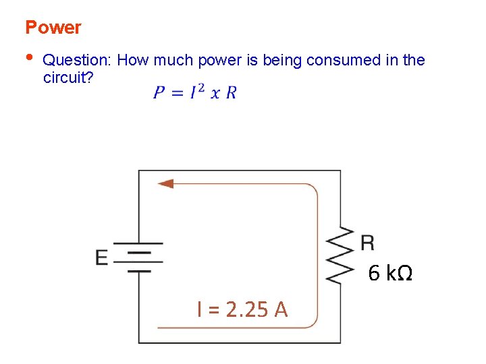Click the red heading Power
pyautogui.click(x=53, y=28)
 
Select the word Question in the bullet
pyautogui.click(x=77, y=61)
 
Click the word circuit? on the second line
pyautogui.click(x=68, y=77)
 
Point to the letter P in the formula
pyautogui.click(x=159, y=92)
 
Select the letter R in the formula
pyautogui.click(x=231, y=92)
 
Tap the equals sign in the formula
pyautogui.click(x=178, y=93)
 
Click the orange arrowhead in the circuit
pyautogui.click(x=165, y=183)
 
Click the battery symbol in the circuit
pyautogui.click(x=139, y=257)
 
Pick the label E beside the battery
pyautogui.click(x=102, y=257)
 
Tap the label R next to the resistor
pyautogui.click(x=367, y=243)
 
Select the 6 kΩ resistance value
pyautogui.click(x=390, y=274)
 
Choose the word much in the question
pyautogui.click(x=174, y=60)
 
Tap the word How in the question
pyautogui.click(x=134, y=60)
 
